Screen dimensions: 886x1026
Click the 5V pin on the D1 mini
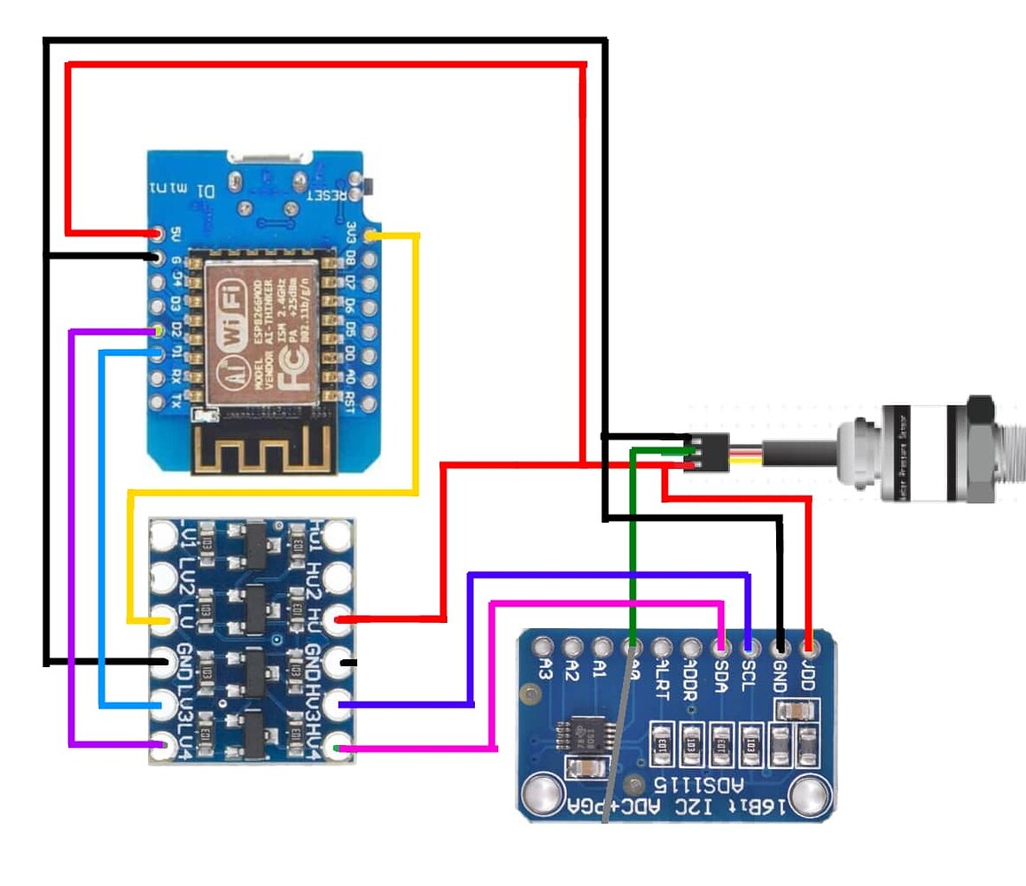pos(159,234)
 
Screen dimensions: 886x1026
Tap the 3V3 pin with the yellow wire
pos(369,236)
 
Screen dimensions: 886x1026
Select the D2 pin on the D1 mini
pos(159,330)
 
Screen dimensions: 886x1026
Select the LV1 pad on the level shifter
pos(165,536)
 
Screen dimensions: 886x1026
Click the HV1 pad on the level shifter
pos(338,536)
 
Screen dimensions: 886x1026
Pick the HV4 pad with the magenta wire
pos(338,749)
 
